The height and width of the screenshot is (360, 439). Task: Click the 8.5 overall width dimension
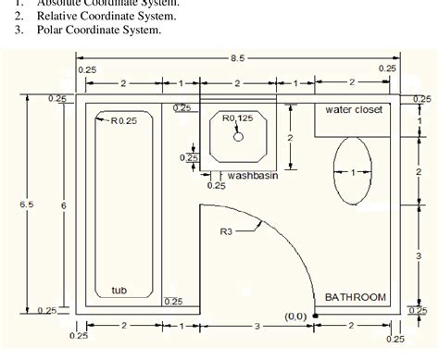click(238, 58)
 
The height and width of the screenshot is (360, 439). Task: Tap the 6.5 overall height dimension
click(15, 205)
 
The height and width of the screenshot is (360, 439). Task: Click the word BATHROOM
click(355, 297)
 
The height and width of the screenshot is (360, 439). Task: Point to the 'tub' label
click(119, 291)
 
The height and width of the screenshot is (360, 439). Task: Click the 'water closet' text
click(354, 109)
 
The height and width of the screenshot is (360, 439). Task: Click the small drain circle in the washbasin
click(238, 136)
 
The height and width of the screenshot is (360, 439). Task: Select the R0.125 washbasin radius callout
click(237, 118)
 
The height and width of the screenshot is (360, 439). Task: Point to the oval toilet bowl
click(351, 171)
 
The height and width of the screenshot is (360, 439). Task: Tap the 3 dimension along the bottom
click(257, 327)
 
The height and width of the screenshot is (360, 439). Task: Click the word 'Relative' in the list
click(59, 16)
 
